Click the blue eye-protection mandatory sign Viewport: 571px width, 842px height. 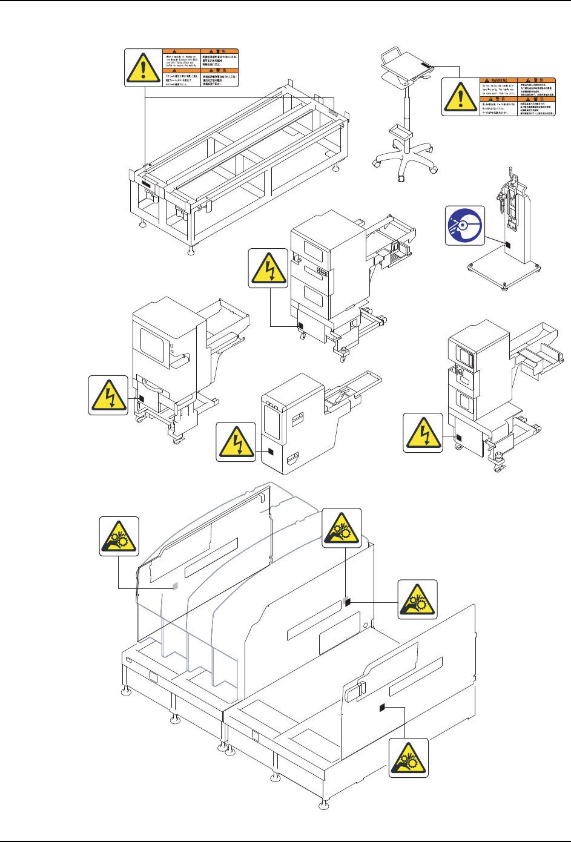(465, 225)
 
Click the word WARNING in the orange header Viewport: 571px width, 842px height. (498, 80)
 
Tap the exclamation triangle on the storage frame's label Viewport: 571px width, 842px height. (144, 68)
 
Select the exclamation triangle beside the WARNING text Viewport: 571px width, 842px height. (461, 96)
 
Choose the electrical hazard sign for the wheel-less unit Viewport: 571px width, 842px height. (236, 442)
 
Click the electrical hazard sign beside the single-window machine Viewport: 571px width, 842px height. (108, 395)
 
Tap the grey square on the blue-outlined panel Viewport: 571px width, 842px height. (175, 587)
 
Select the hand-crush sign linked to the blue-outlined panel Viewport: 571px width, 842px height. (119, 536)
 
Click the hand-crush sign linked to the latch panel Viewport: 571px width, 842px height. (409, 757)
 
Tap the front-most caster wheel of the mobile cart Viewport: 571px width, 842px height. (400, 177)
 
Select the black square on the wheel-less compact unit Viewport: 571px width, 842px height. (271, 451)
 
